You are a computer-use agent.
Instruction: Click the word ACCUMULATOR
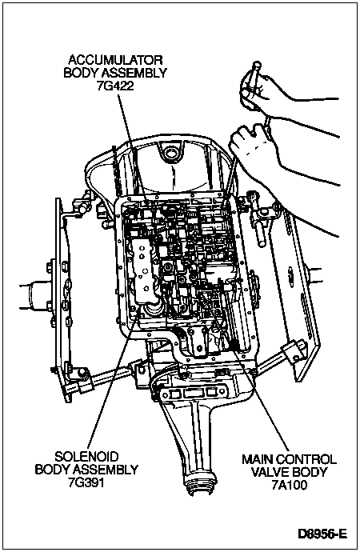pyautogui.click(x=115, y=59)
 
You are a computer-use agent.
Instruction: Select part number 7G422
pyautogui.click(x=115, y=86)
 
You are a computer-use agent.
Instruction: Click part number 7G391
pyautogui.click(x=86, y=482)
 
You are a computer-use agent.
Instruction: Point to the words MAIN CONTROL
pyautogui.click(x=289, y=459)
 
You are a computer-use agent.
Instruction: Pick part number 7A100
pyautogui.click(x=290, y=485)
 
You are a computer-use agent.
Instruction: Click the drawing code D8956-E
pyautogui.click(x=322, y=534)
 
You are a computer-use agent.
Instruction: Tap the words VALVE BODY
pyautogui.click(x=290, y=472)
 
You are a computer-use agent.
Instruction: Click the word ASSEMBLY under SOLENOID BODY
pyautogui.click(x=106, y=470)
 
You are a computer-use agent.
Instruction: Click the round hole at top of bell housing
pyautogui.click(x=171, y=153)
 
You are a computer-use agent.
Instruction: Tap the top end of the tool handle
pyautogui.click(x=257, y=65)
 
